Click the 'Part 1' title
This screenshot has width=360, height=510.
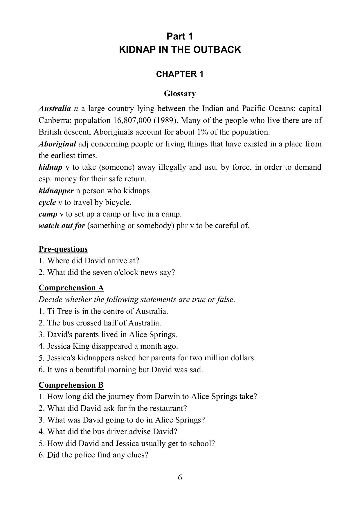(180, 36)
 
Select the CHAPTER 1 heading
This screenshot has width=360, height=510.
(180, 74)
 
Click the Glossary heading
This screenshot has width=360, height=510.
(180, 94)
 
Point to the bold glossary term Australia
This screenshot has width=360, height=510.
(55, 109)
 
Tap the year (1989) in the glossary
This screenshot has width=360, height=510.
(165, 120)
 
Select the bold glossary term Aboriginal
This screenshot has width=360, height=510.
(57, 144)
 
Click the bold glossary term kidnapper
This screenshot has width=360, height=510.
(56, 191)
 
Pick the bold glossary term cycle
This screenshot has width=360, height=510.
(47, 202)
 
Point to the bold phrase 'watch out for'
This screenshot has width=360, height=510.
(62, 226)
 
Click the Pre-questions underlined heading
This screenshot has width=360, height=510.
(63, 249)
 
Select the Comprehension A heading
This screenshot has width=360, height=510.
(71, 288)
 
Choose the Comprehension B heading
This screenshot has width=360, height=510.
(71, 385)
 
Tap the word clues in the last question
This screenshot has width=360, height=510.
(137, 455)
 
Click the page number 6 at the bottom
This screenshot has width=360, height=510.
(180, 478)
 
